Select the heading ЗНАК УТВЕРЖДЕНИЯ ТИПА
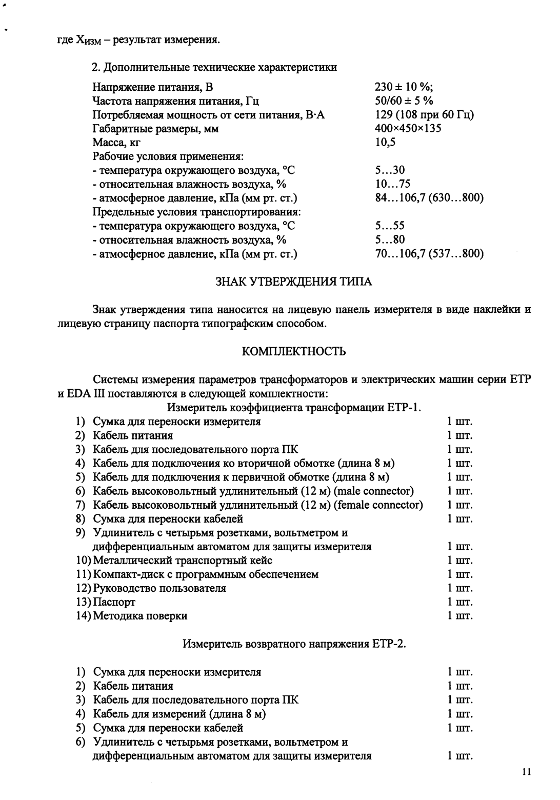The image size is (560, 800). click(292, 282)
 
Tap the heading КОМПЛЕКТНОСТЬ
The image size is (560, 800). click(293, 351)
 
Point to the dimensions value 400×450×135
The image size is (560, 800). click(408, 129)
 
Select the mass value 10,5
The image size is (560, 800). click(385, 143)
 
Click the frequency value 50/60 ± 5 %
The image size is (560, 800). click(404, 101)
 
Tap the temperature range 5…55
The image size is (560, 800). click(390, 226)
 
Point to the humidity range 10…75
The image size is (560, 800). click(393, 184)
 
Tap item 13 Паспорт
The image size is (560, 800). click(114, 602)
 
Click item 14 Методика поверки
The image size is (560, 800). click(140, 616)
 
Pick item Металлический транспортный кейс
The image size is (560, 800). click(183, 561)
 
